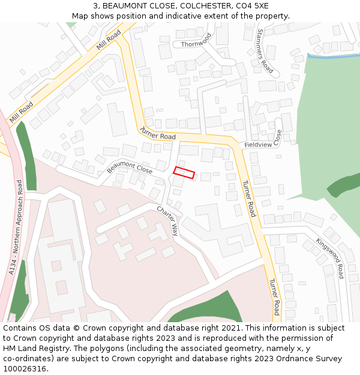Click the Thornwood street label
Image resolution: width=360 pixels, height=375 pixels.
click(196, 42)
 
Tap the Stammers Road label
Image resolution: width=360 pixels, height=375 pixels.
click(265, 51)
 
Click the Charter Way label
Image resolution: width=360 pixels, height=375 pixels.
click(168, 221)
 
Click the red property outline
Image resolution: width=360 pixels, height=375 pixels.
click(184, 173)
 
